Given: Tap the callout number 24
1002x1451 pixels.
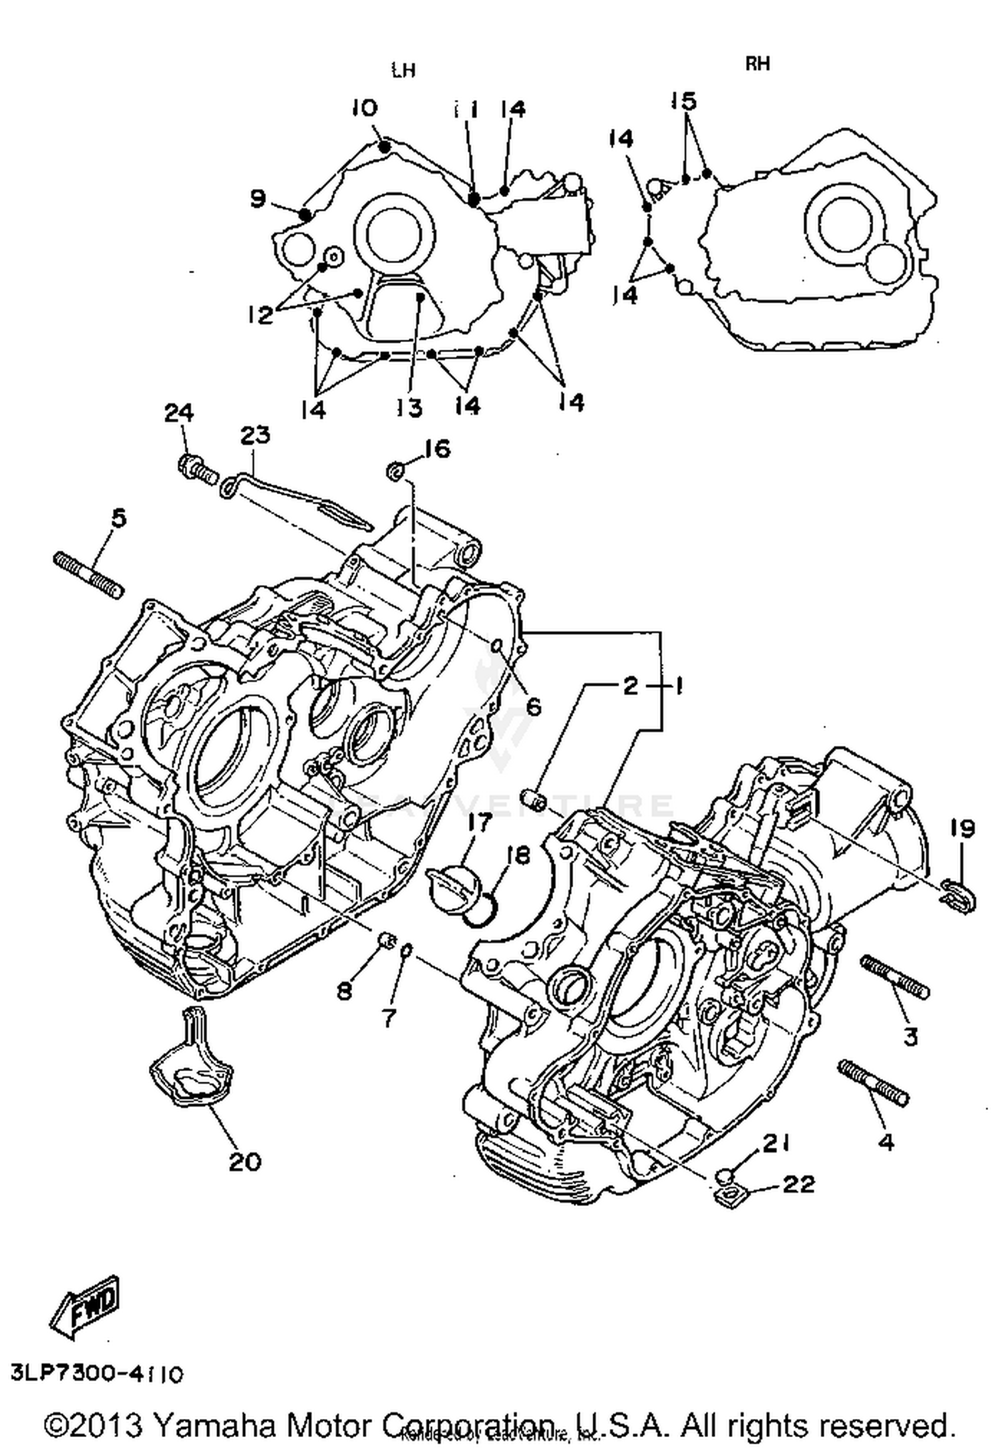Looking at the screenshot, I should coord(178,413).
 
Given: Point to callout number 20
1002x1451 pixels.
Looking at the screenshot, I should coord(244,1163).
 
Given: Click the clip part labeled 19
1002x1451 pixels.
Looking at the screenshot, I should coord(959,895).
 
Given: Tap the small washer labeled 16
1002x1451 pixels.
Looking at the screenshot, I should coord(395,471).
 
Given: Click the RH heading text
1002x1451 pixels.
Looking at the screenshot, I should coord(758,63).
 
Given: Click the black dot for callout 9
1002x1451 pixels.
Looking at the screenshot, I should coord(305,214).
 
